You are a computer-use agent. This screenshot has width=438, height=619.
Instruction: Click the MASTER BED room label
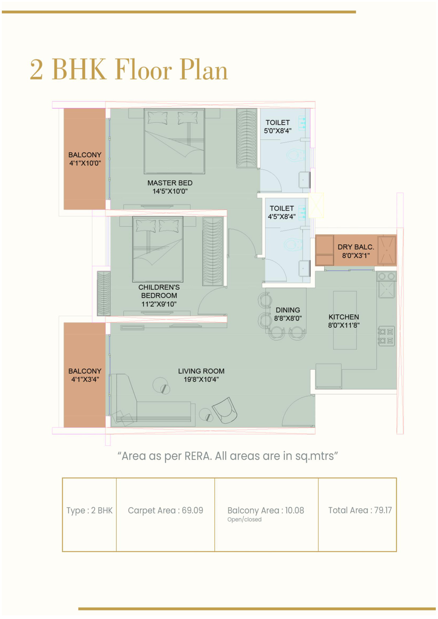tap(170, 183)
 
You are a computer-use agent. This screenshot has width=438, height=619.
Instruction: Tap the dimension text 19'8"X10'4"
tap(201, 379)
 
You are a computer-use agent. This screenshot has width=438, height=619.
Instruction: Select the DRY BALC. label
tap(356, 247)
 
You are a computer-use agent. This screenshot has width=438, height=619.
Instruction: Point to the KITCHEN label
tap(344, 317)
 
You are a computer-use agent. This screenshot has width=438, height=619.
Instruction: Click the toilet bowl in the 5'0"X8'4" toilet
tap(295, 155)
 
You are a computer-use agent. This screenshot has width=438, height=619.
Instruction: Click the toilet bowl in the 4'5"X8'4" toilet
tap(293, 244)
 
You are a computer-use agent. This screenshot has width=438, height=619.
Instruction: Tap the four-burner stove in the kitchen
tap(386, 336)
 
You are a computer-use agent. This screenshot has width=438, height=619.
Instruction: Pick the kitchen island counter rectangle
tap(345, 320)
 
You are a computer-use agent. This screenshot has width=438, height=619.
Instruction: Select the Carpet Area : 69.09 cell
tap(165, 515)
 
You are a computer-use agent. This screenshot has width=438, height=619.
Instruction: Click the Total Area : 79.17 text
tap(360, 510)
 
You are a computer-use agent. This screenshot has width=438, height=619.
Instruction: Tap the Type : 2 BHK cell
tap(89, 515)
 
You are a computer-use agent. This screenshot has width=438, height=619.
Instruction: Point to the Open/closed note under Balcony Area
tap(245, 519)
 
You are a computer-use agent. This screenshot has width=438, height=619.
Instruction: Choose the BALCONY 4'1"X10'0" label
tap(85, 159)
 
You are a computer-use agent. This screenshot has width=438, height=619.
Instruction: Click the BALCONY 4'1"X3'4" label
tap(85, 375)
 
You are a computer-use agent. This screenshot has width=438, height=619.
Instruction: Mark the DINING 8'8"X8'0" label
tap(288, 314)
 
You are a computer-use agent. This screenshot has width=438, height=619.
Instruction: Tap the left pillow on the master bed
tap(158, 118)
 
